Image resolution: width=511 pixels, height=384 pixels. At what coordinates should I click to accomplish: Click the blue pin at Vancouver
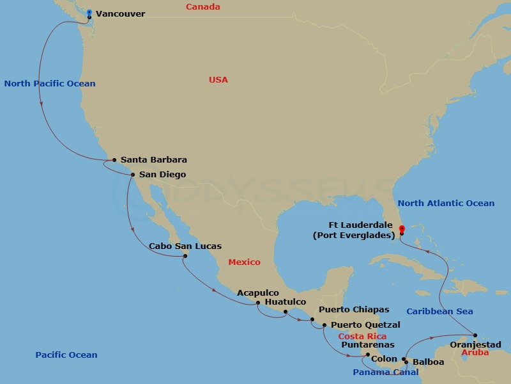89,12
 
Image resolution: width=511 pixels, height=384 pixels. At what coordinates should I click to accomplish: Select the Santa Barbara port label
153,159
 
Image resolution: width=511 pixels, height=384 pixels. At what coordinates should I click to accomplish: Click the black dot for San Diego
132,174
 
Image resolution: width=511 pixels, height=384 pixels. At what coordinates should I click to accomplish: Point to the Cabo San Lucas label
185,246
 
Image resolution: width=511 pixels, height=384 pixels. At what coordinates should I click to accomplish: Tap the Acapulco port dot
257,303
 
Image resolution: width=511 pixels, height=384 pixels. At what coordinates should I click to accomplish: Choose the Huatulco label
285,301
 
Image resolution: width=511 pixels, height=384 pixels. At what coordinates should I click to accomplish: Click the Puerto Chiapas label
354,310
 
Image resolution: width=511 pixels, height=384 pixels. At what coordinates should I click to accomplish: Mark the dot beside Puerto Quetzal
324,325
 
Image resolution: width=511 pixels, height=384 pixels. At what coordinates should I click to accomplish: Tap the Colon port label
384,359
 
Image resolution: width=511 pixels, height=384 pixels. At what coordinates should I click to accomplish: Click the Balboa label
428,362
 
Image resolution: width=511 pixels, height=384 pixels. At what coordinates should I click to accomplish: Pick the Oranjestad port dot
475,335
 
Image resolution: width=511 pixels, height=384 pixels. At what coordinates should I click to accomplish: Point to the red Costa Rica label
362,336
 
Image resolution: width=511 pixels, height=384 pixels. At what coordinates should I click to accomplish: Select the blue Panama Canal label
386,372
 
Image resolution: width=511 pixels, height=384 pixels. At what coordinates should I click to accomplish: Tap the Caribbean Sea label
439,312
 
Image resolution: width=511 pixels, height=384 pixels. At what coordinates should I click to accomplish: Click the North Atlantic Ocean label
446,204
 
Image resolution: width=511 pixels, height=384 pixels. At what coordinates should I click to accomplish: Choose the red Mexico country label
245,262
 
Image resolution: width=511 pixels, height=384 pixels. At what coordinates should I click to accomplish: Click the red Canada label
203,7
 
